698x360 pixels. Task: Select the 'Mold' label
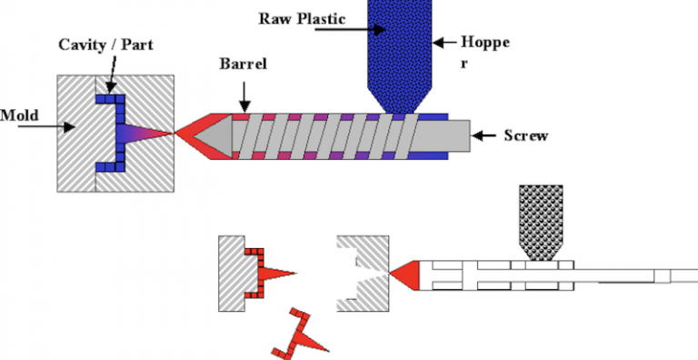pos(17,115)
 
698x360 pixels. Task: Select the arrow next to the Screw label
pos(488,136)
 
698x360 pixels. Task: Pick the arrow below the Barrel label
pos(243,93)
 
